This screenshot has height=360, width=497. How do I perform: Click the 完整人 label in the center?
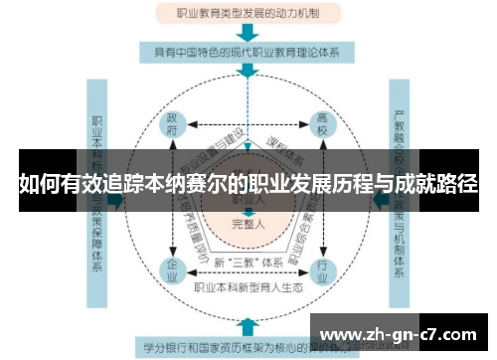click(x=248, y=223)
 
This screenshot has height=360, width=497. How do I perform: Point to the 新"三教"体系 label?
click(x=248, y=262)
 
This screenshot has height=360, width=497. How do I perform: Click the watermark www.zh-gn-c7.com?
click(x=402, y=333)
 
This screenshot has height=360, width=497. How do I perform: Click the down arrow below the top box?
click(x=247, y=31)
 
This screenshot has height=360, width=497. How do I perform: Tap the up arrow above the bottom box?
click(x=247, y=327)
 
